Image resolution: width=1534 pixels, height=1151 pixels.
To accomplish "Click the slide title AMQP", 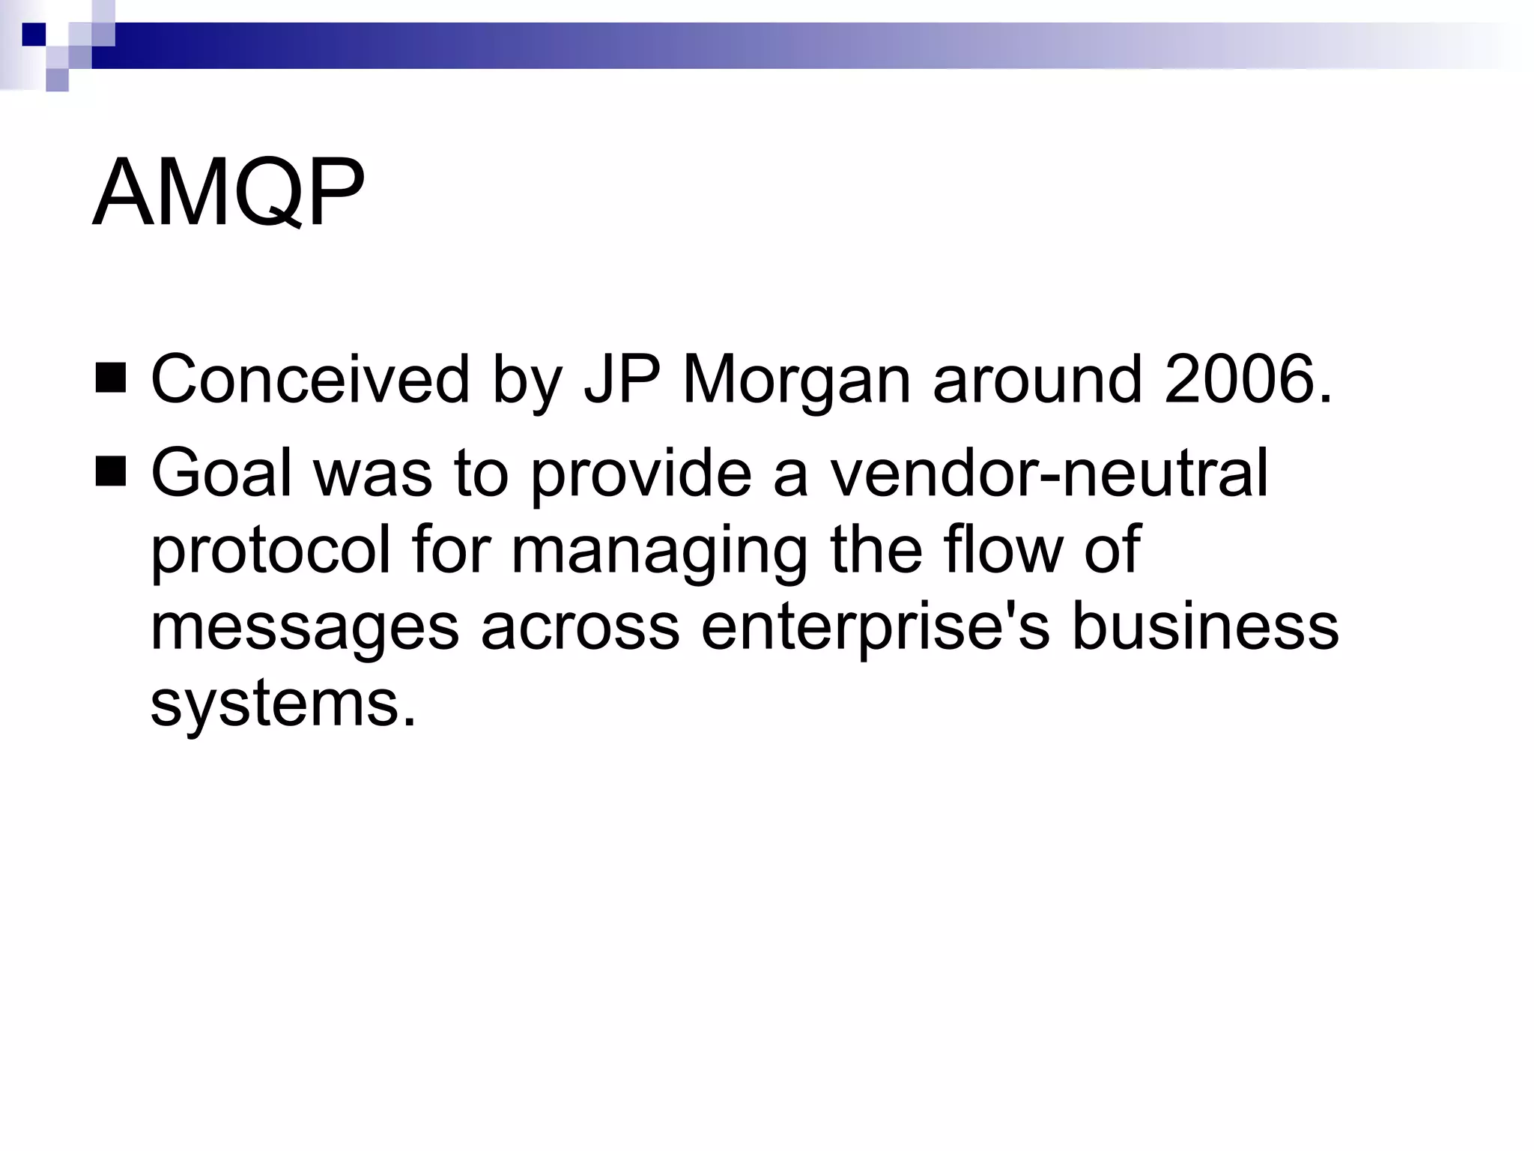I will pyautogui.click(x=228, y=193).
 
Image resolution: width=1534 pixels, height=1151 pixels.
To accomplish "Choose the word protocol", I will pyautogui.click(x=270, y=552).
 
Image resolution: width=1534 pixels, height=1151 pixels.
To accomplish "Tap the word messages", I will pyautogui.click(x=305, y=627).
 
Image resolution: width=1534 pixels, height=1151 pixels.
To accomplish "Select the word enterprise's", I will pyautogui.click(x=876, y=627).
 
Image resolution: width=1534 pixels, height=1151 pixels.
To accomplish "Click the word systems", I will pyautogui.click(x=283, y=704).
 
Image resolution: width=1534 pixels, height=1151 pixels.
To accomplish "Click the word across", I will pyautogui.click(x=580, y=627).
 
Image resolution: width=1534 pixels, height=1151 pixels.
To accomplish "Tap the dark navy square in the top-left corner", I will pyautogui.click(x=34, y=34).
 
